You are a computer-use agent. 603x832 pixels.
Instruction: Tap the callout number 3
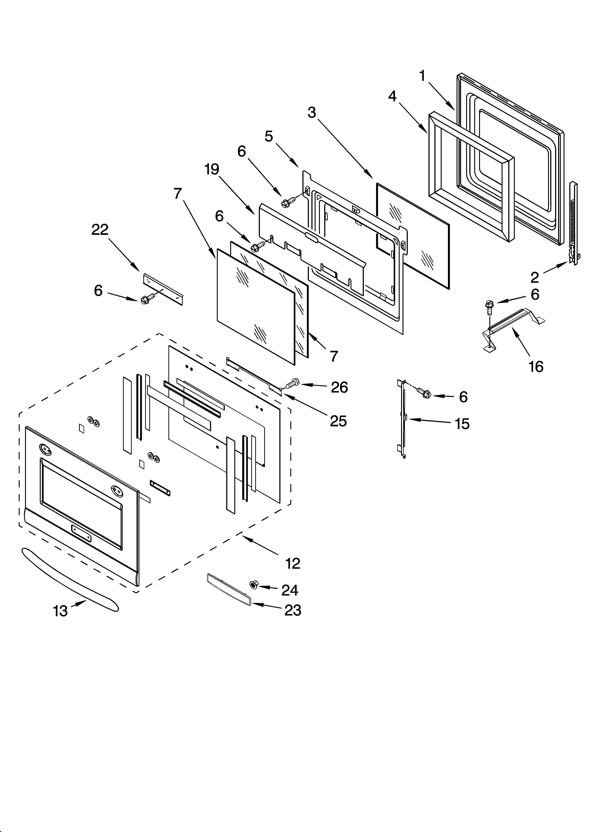312,113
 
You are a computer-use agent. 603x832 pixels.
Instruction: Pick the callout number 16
536,366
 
